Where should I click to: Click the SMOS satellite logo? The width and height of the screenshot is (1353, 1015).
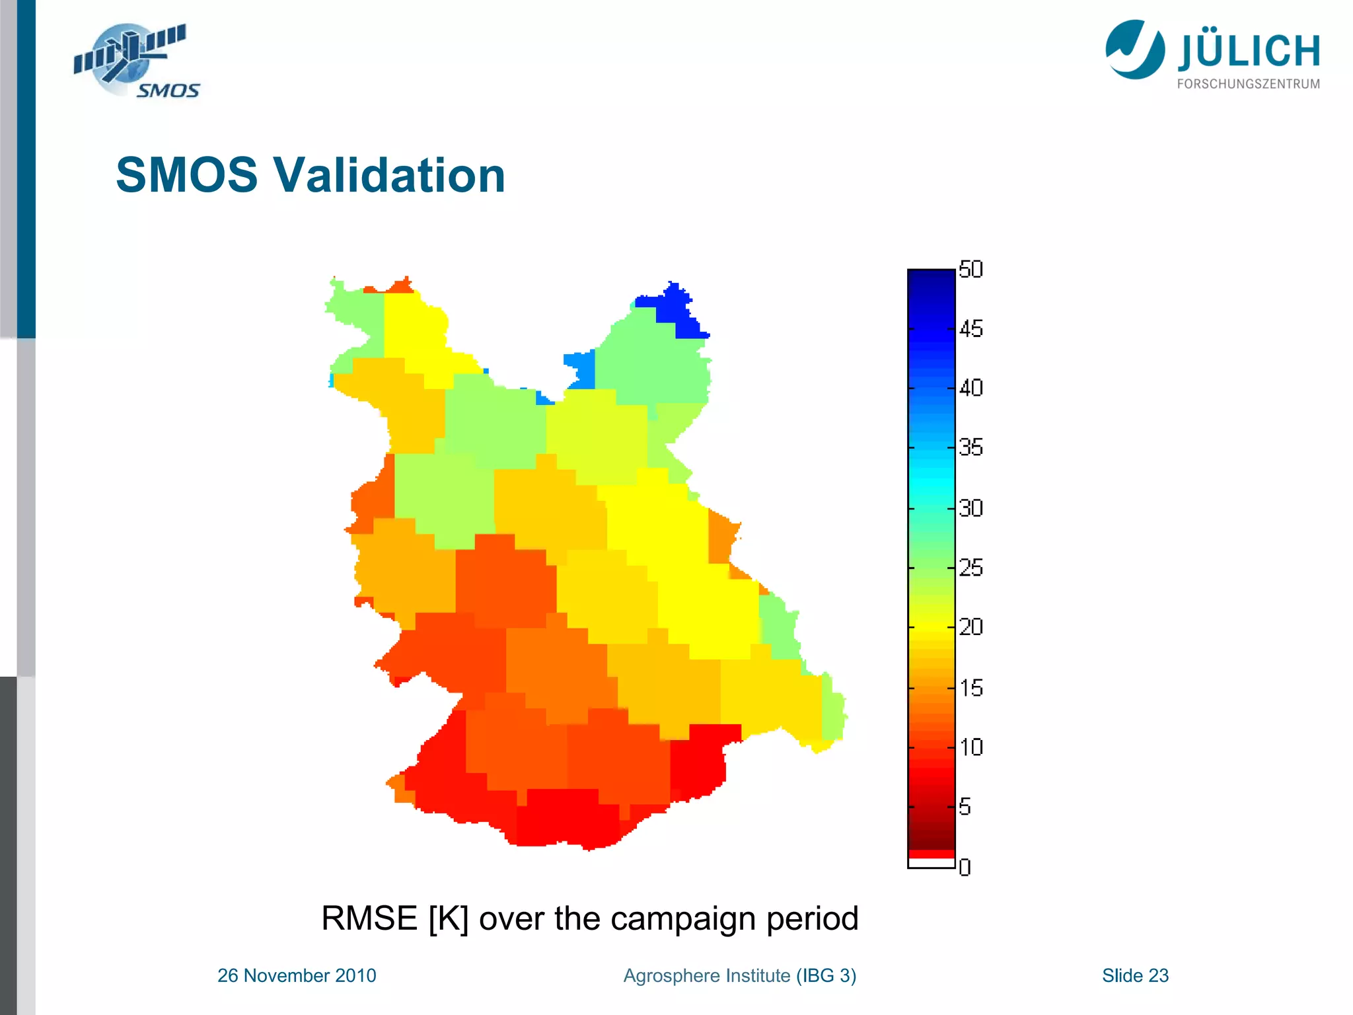click(135, 61)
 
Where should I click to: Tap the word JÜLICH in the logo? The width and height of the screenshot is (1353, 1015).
click(1249, 52)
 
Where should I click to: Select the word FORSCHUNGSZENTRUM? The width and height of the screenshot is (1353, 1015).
click(1249, 84)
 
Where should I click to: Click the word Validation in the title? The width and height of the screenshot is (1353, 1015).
click(389, 175)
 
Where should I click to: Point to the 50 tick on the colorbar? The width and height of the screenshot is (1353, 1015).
click(970, 270)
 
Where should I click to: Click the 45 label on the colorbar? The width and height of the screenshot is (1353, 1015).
click(970, 328)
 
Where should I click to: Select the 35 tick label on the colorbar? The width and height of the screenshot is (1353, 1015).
click(970, 447)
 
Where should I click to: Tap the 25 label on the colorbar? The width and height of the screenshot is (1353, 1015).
click(970, 567)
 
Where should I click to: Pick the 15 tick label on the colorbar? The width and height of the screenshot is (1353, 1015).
click(970, 688)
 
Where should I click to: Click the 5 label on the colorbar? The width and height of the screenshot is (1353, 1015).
click(965, 807)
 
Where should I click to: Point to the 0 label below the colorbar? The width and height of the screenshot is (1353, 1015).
click(965, 867)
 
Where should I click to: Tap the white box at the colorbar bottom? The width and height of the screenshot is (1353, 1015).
click(931, 863)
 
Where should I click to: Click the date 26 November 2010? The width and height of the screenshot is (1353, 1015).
click(297, 975)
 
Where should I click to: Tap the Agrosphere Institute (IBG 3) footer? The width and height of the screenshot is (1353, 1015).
click(739, 975)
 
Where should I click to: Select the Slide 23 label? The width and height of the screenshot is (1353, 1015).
click(1135, 975)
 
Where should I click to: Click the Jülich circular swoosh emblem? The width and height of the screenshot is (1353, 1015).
click(1134, 50)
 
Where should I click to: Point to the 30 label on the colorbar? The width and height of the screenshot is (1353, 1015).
click(970, 508)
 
